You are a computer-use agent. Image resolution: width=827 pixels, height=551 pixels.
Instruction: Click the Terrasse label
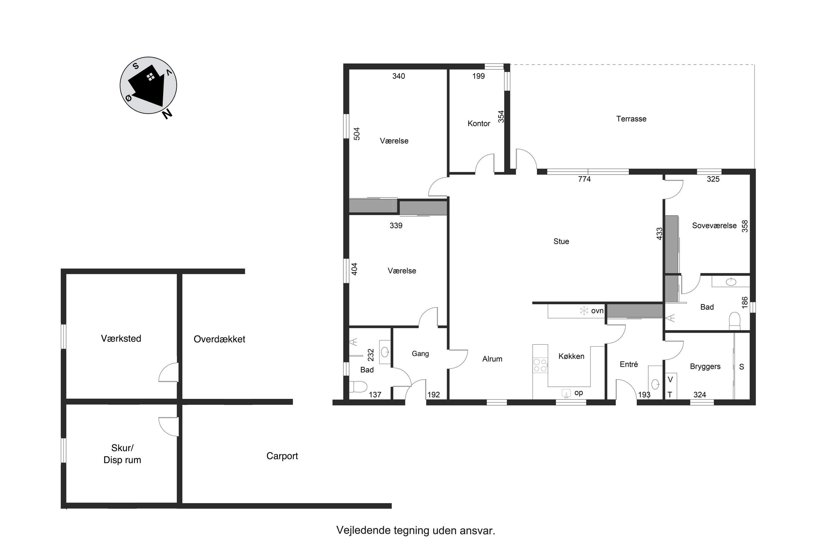631,119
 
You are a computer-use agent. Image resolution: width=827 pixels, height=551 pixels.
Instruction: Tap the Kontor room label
479,123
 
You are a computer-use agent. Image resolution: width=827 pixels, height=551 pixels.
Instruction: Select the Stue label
561,241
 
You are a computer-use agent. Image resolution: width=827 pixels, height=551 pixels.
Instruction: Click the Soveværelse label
714,226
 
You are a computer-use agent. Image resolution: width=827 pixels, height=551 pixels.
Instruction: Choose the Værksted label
121,338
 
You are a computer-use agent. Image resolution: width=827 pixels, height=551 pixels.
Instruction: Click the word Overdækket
219,339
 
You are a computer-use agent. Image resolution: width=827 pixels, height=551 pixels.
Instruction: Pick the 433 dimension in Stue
660,234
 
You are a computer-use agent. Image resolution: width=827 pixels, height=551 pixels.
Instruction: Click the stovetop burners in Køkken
540,365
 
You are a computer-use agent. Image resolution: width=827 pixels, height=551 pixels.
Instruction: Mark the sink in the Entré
655,384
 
